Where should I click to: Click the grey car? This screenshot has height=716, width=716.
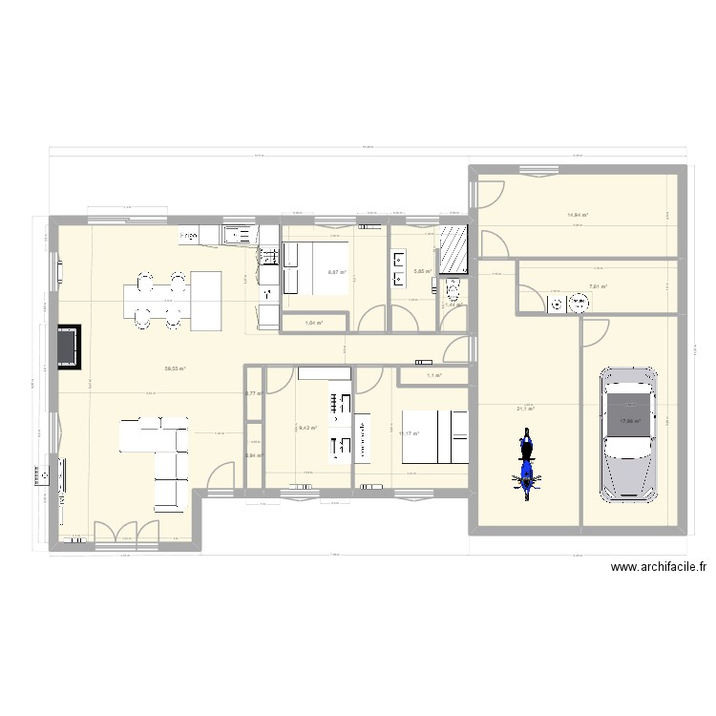tap(627, 433)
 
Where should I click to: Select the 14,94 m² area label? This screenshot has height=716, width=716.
tap(577, 215)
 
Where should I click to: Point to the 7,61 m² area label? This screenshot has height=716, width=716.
tap(598, 286)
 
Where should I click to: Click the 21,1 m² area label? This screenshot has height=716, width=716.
tap(525, 409)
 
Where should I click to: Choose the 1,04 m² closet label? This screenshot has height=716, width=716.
tap(313, 323)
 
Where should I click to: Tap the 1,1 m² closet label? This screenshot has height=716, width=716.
tap(432, 376)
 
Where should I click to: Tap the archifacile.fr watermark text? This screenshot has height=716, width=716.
tap(660, 566)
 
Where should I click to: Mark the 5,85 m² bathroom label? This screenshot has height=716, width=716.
tap(422, 272)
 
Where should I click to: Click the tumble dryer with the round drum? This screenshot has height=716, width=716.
tap(577, 305)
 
